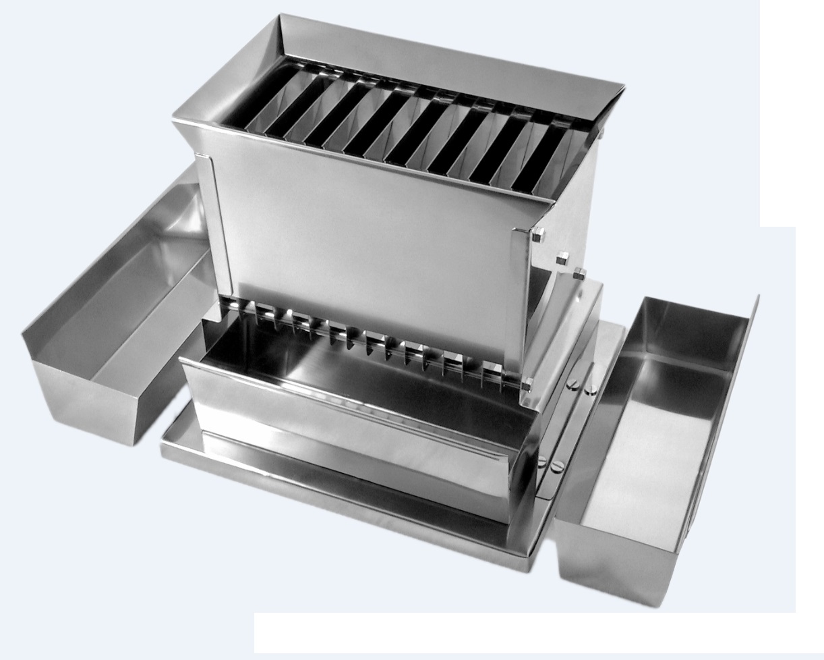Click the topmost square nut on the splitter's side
pyautogui.click(x=538, y=236)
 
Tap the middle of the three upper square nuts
pyautogui.click(x=561, y=258)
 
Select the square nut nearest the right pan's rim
pyautogui.click(x=579, y=273)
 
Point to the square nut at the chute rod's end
pyautogui.click(x=527, y=385)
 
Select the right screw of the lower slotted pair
pyautogui.click(x=557, y=466)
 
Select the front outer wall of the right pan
pyautogui.click(x=614, y=567)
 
